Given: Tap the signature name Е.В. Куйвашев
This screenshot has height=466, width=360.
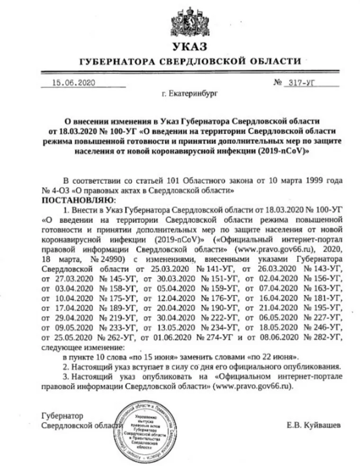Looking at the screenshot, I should coord(314,426).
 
